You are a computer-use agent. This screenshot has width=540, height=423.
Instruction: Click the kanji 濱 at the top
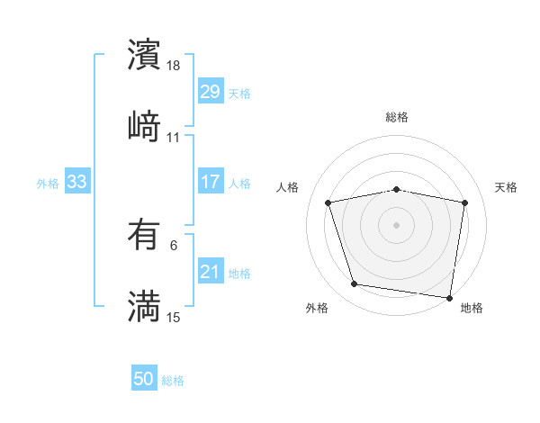(x=144, y=55)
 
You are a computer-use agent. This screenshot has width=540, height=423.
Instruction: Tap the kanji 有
(x=144, y=237)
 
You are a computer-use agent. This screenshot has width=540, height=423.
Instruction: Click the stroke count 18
(x=175, y=67)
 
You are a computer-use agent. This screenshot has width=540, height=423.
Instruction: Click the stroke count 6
(x=174, y=245)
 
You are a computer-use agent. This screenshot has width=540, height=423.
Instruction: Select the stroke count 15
(x=175, y=317)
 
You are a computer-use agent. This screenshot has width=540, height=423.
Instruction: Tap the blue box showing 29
(x=210, y=92)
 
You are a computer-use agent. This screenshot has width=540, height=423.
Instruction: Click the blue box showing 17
(x=210, y=182)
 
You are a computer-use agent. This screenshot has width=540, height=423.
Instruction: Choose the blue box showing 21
(x=210, y=272)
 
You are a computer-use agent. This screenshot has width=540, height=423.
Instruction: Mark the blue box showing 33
(x=76, y=182)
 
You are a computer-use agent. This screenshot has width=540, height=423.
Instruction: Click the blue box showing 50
(x=144, y=379)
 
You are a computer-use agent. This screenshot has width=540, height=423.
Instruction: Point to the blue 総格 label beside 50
(x=173, y=381)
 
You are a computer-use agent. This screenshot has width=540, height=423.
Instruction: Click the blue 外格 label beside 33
(x=48, y=183)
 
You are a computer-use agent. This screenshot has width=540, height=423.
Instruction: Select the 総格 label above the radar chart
(x=397, y=117)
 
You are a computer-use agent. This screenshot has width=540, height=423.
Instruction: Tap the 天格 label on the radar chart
(x=507, y=187)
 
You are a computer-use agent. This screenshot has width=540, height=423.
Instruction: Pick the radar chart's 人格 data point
(x=328, y=202)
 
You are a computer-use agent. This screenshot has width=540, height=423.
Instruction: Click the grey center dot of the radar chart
(x=396, y=224)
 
